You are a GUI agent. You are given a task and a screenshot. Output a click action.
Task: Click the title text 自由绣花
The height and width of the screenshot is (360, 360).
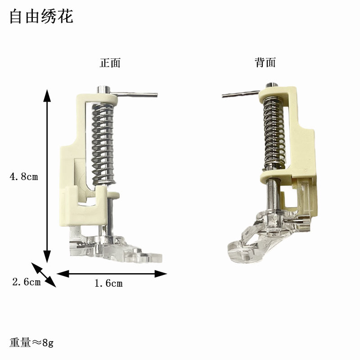click(x=41, y=17)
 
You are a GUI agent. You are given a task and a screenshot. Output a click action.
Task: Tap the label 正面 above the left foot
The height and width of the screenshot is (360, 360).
click(x=110, y=63)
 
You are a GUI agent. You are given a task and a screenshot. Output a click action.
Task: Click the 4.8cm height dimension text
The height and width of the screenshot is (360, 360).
click(x=23, y=177)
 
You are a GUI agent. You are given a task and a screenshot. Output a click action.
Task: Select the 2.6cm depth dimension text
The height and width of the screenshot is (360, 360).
click(x=26, y=282)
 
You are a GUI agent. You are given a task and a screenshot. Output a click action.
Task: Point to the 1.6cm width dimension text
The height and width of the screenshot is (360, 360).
click(x=108, y=283)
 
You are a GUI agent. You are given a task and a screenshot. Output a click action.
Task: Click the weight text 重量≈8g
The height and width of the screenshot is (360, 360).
click(x=31, y=343)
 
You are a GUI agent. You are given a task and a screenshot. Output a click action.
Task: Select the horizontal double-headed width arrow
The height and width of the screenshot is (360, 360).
click(x=112, y=273)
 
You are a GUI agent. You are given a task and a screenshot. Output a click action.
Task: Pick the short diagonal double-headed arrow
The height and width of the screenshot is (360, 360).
click(x=44, y=274)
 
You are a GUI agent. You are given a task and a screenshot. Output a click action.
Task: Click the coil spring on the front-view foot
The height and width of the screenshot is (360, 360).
click(x=103, y=144)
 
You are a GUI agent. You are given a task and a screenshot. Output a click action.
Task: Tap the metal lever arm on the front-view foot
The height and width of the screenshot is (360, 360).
click(x=135, y=94)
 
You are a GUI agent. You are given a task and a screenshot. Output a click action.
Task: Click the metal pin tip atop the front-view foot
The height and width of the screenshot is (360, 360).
click(x=103, y=87)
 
